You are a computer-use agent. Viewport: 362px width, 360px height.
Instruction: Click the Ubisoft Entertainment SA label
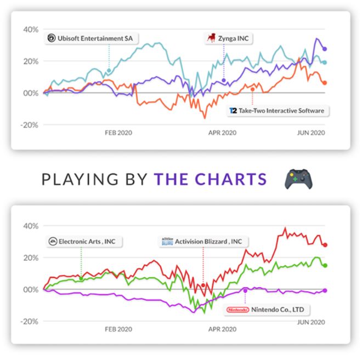[x=92, y=38]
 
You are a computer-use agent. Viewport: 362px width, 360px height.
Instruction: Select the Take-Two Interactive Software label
[x=277, y=111]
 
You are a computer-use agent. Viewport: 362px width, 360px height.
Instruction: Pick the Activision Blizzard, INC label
[x=204, y=241]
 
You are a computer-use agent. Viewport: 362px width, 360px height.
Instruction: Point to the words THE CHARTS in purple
[x=210, y=179]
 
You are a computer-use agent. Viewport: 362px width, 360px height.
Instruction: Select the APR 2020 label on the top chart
[x=222, y=133]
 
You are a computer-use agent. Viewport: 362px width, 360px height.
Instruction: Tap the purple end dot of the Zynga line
[x=325, y=49]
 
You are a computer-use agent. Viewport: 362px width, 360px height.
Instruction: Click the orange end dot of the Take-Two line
[x=325, y=83]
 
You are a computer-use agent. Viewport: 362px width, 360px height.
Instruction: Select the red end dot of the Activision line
[x=325, y=245]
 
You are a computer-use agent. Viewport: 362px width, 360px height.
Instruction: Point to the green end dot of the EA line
[x=325, y=265]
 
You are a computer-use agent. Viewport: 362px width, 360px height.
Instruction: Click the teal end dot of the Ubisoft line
[x=325, y=62]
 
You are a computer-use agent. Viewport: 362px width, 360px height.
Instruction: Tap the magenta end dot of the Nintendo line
[x=325, y=290]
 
